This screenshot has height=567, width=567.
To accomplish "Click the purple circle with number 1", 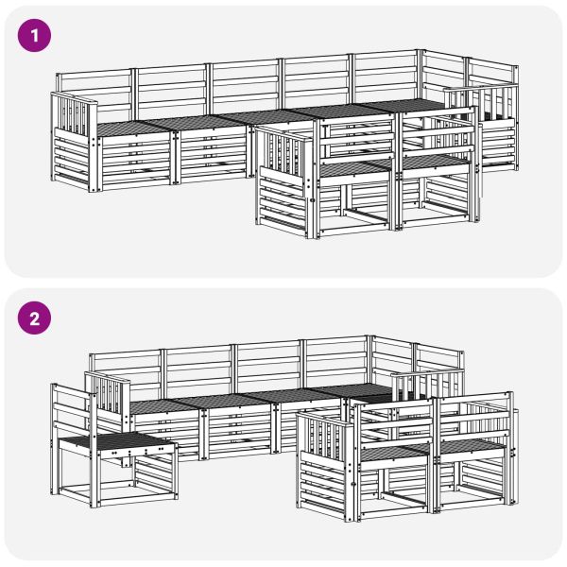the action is click(x=34, y=36).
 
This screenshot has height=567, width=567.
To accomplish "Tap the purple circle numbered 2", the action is click(x=34, y=318).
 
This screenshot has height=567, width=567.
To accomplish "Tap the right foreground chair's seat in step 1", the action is click(x=434, y=162).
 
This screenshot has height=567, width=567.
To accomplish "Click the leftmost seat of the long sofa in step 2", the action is click(x=164, y=406).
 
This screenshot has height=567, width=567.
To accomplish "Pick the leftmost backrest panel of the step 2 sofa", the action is click(x=127, y=376).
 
